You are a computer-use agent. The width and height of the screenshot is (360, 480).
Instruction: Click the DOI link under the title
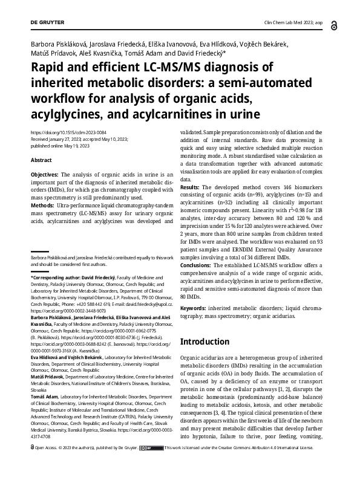[x=64, y=132]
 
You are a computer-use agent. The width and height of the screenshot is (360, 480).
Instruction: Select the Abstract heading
[x=42, y=160]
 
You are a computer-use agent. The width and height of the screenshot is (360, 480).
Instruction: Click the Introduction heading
[x=206, y=341]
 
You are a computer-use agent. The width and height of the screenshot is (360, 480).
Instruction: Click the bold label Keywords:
[x=195, y=308]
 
